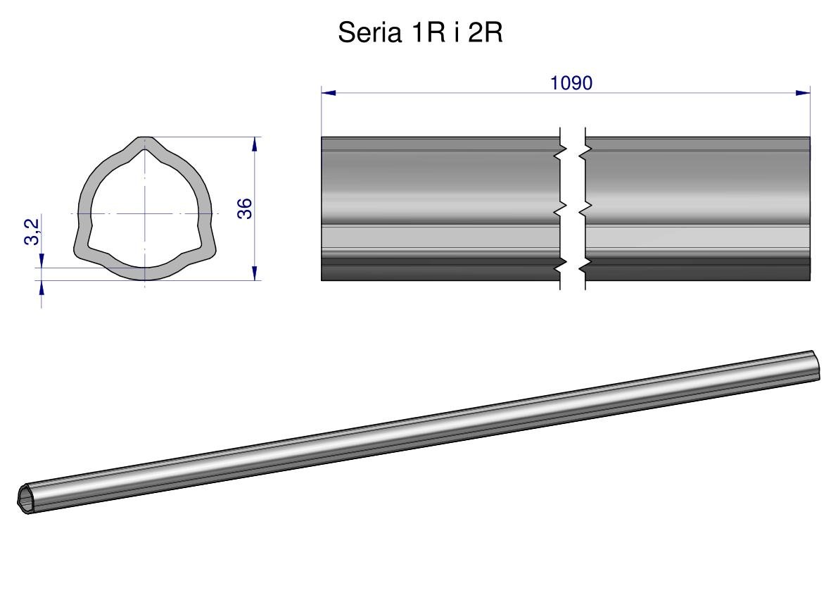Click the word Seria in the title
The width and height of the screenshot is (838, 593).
370,32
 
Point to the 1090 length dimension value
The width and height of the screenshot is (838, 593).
571,83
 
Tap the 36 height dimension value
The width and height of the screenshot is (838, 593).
244,208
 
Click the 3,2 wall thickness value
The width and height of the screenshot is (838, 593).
32,232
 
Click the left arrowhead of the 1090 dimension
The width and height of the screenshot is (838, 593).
329,93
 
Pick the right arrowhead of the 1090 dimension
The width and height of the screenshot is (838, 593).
803,93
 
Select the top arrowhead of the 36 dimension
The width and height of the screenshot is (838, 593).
255,144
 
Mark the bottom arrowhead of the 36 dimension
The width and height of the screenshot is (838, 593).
255,273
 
